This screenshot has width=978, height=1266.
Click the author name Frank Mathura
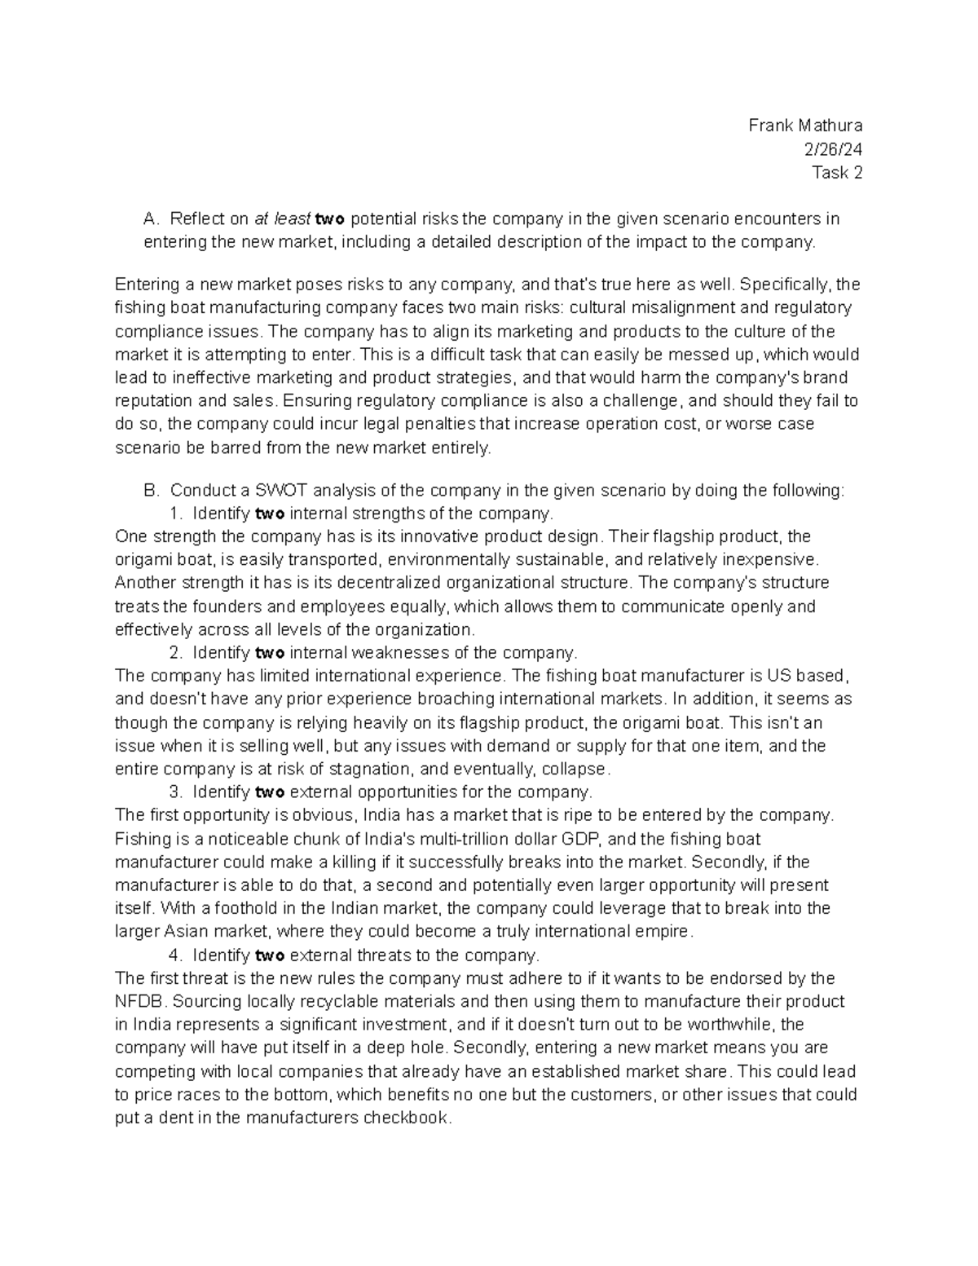(805, 126)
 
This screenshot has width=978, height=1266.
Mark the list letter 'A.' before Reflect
(152, 219)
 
